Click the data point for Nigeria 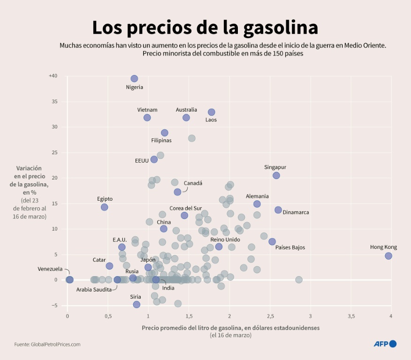(134, 79)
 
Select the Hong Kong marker (388, 256)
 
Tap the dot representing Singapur (276, 175)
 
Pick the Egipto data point (104, 207)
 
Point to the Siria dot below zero (137, 304)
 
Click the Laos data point (212, 112)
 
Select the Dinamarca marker (278, 210)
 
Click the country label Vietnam (147, 110)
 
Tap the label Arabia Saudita (94, 289)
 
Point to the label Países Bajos (290, 247)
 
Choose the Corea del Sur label (186, 208)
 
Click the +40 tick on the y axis (53, 76)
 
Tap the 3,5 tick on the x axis (350, 316)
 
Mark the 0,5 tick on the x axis (108, 316)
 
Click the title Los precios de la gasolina (205, 28)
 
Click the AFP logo (385, 344)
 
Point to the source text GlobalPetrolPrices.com (47, 344)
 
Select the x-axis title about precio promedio (230, 328)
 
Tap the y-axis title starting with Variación (29, 180)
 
